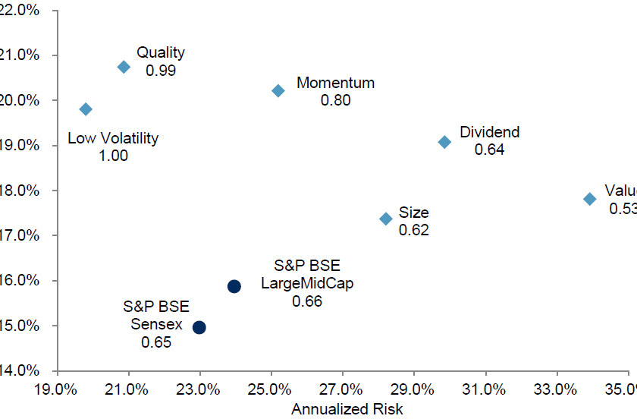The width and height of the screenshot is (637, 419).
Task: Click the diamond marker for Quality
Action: pyautogui.click(x=124, y=67)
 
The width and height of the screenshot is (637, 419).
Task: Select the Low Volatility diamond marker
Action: pyautogui.click(x=86, y=109)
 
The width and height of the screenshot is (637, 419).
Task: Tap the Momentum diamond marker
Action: pyautogui.click(x=278, y=90)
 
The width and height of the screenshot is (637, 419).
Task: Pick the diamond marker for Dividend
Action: pyautogui.click(x=444, y=142)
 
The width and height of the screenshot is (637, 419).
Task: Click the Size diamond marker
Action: pyautogui.click(x=385, y=219)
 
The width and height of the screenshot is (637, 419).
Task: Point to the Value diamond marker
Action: pyautogui.click(x=589, y=199)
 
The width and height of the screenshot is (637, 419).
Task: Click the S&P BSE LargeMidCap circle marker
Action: pyautogui.click(x=234, y=286)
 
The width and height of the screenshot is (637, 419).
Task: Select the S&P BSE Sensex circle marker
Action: pyautogui.click(x=199, y=327)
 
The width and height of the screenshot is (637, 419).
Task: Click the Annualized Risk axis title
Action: pyautogui.click(x=347, y=409)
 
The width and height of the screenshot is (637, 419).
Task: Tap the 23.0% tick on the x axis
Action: pyautogui.click(x=199, y=389)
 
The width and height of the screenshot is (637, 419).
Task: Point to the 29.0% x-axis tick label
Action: pyautogui.click(x=413, y=389)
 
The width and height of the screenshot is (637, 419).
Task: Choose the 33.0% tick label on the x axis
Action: pyautogui.click(x=556, y=389)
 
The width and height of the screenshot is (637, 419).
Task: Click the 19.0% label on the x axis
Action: pyautogui.click(x=56, y=389)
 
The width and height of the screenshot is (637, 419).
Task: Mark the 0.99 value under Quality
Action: pyautogui.click(x=160, y=71)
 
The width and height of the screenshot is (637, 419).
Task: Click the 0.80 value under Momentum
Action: pyautogui.click(x=335, y=100)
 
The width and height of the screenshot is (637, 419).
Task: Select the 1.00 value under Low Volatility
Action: pyautogui.click(x=113, y=156)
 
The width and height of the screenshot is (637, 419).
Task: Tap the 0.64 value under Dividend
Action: pyautogui.click(x=489, y=150)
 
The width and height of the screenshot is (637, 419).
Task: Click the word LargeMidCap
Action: pyautogui.click(x=307, y=284)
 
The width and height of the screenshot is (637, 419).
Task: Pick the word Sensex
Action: pyautogui.click(x=156, y=324)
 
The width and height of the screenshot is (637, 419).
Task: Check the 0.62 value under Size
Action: pyautogui.click(x=414, y=230)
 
